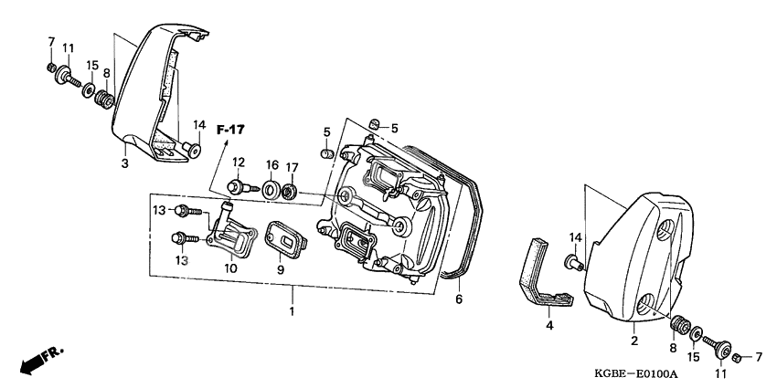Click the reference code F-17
coord(231,131)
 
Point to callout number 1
coord(293,310)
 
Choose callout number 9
coord(281,269)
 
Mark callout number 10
coord(229,268)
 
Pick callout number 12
coord(238,163)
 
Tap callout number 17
coord(292,167)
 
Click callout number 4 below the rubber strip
coord(549,324)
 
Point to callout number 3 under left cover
coord(125,163)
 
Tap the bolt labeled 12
coord(236,188)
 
